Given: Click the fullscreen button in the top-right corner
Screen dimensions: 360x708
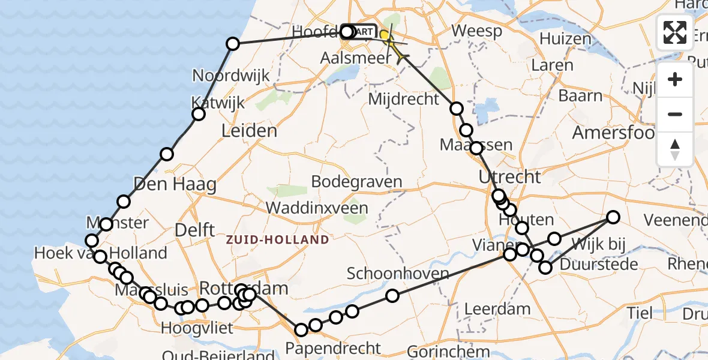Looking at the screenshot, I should click(x=675, y=32).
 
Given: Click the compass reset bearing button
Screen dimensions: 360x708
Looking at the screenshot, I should click(x=675, y=149).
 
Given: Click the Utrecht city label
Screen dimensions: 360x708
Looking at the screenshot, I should click(x=509, y=176).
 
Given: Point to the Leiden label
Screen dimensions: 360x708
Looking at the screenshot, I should click(x=249, y=131).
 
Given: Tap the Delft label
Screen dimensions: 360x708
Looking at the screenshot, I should click(x=195, y=229).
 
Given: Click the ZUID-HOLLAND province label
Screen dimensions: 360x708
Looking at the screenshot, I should click(x=277, y=240).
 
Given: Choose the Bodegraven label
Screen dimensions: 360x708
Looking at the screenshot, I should click(x=356, y=181).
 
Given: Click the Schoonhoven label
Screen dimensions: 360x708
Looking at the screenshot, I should click(x=398, y=274).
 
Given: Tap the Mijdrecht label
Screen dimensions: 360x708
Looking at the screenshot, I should click(x=403, y=99).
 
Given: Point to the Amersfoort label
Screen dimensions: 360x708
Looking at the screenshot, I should click(x=613, y=132).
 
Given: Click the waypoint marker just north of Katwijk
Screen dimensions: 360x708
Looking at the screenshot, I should click(x=199, y=115).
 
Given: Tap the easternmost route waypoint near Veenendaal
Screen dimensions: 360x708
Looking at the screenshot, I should click(x=613, y=217).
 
